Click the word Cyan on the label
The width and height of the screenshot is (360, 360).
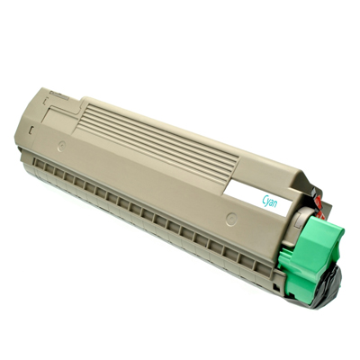pos(269,202)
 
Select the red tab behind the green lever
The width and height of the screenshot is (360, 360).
pos(318,207)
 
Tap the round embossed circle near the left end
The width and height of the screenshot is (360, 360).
pos(62,147)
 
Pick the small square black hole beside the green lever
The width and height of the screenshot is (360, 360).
pos(275,286)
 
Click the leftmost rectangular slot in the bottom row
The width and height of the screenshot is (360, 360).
pos(39,163)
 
